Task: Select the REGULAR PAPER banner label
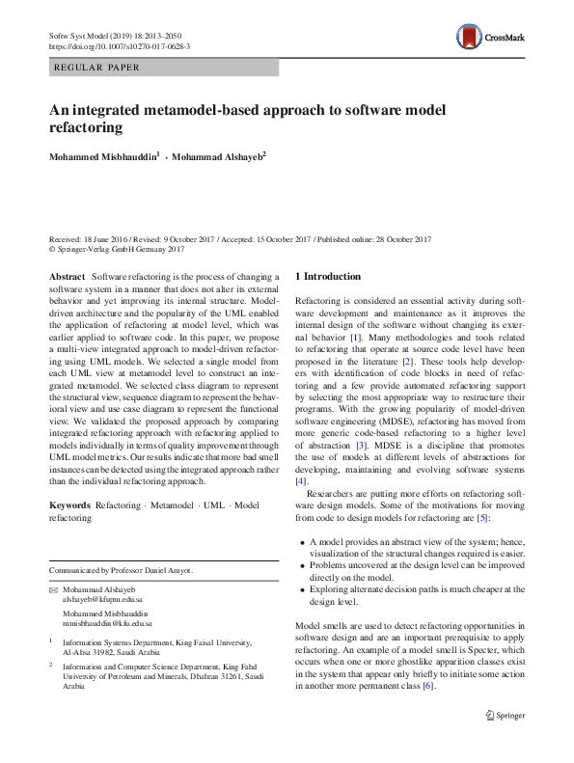[x=97, y=68]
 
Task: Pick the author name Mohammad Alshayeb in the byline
[x=217, y=155]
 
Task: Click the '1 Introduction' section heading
[x=328, y=277]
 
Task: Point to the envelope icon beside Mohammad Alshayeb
[x=53, y=588]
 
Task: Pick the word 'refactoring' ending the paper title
[x=87, y=125]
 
